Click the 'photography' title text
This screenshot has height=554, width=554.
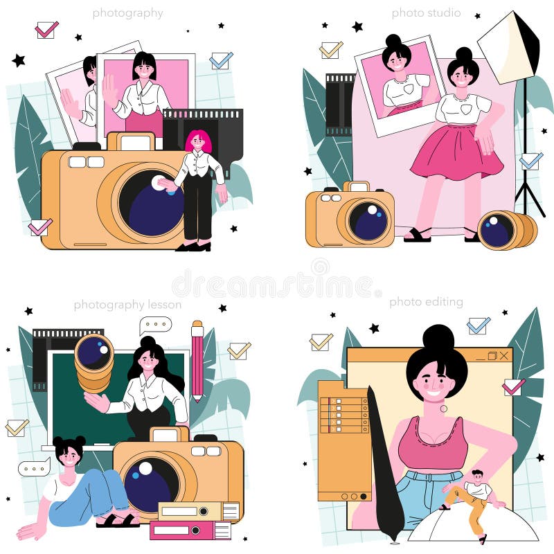(x=127, y=13)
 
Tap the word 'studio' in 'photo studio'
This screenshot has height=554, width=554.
(x=443, y=12)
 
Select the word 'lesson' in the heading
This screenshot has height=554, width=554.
(x=164, y=304)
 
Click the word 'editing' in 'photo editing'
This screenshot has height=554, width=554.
(x=444, y=302)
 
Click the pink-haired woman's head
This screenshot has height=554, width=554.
(x=198, y=141)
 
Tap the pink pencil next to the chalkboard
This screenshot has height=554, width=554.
(x=197, y=361)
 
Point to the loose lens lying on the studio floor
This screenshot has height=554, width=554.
(x=507, y=230)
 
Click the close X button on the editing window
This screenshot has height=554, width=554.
(x=504, y=355)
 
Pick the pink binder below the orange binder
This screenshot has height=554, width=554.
(x=190, y=530)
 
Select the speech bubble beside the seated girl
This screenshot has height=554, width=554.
(x=34, y=468)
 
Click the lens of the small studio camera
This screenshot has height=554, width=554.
(x=368, y=220)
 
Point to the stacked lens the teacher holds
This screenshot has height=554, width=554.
(x=94, y=363)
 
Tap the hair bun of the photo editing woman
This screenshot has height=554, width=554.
(x=438, y=338)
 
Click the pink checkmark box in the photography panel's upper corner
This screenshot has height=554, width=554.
(x=46, y=30)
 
